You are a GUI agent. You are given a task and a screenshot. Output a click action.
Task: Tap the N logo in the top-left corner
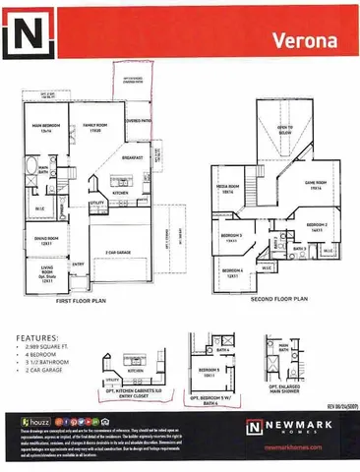coord(28,37)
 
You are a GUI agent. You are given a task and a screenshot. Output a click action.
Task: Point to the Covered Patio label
coord(138,124)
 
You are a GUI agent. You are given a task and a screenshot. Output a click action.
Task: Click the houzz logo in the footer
coord(30,420)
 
